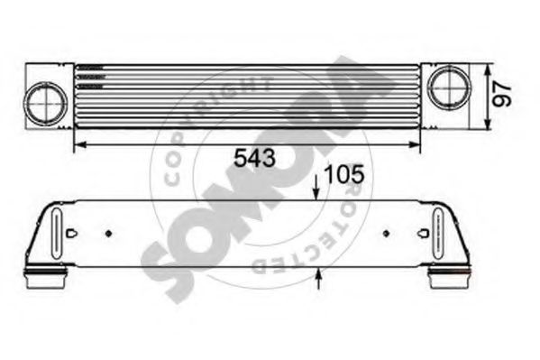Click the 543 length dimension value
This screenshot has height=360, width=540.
click(x=254, y=159)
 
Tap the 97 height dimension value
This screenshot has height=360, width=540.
click(x=502, y=94)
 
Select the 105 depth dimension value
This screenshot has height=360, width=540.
click(x=344, y=174)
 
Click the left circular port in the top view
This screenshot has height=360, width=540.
click(x=45, y=103)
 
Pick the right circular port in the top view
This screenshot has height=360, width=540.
click(x=449, y=88)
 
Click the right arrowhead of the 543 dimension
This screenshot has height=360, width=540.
click(x=415, y=145)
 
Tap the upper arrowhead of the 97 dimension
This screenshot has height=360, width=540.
click(x=487, y=70)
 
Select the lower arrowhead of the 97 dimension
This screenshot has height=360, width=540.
click(x=487, y=124)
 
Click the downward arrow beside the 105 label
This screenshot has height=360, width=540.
click(x=316, y=187)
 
